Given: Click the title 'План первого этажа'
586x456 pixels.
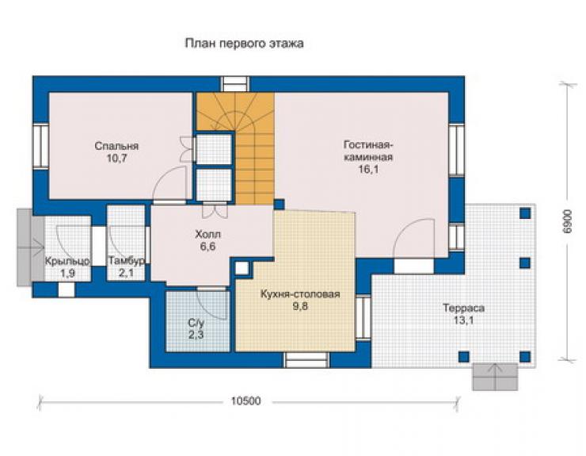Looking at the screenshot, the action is pos(245,44).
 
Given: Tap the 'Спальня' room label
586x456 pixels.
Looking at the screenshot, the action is pos(116,146).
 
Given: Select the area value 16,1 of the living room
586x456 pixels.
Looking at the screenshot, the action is pos(368,169).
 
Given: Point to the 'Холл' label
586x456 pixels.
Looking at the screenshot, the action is pos(207,235).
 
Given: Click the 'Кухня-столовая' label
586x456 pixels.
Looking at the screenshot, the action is pos(300,294).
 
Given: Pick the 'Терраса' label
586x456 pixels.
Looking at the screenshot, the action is pos(463,308).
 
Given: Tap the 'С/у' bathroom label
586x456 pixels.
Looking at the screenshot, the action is pos(196,323).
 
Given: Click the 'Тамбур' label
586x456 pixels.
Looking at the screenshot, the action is pos(127,261).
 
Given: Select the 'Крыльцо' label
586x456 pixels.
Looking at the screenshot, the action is pos(67,261).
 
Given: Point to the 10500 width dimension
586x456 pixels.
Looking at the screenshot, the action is pos(245,401).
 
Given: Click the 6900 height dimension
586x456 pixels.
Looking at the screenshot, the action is pos(567,221).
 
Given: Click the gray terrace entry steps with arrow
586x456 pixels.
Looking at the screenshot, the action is pos(495,377).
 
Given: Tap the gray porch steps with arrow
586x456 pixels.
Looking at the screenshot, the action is pos(31,247).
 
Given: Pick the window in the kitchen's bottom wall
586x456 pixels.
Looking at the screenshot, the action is pos(307,360).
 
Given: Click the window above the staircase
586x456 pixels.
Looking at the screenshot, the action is pos(234,84).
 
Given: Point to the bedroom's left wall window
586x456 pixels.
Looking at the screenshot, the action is pos(40,146).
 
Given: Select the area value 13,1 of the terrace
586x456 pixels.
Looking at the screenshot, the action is pos(463,321).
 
